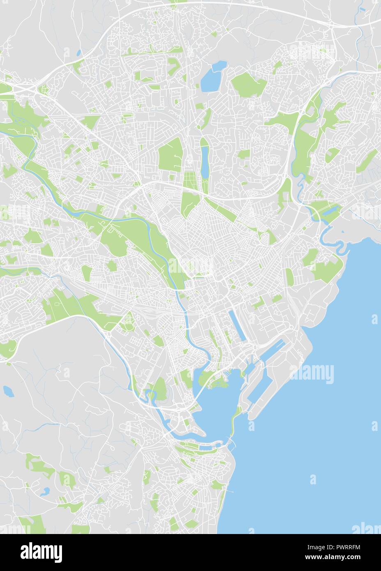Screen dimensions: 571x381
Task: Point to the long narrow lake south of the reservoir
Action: coord(204,160)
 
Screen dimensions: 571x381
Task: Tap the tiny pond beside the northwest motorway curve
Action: coord(78,53)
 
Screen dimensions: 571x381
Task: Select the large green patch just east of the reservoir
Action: coord(249,84)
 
